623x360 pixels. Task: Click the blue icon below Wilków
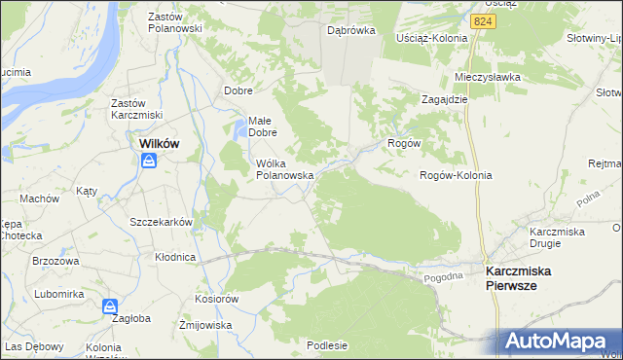click(x=148, y=161)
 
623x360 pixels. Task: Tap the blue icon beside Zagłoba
click(x=110, y=306)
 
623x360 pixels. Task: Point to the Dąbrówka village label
click(x=351, y=30)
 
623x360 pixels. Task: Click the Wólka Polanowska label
click(x=284, y=169)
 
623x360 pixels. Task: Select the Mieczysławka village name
click(x=488, y=77)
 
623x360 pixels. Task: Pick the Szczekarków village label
click(x=162, y=222)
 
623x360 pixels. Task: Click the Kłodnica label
click(x=175, y=257)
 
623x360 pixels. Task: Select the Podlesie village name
click(x=327, y=344)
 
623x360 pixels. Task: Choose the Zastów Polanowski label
click(x=174, y=22)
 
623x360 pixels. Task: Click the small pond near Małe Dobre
click(x=240, y=126)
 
